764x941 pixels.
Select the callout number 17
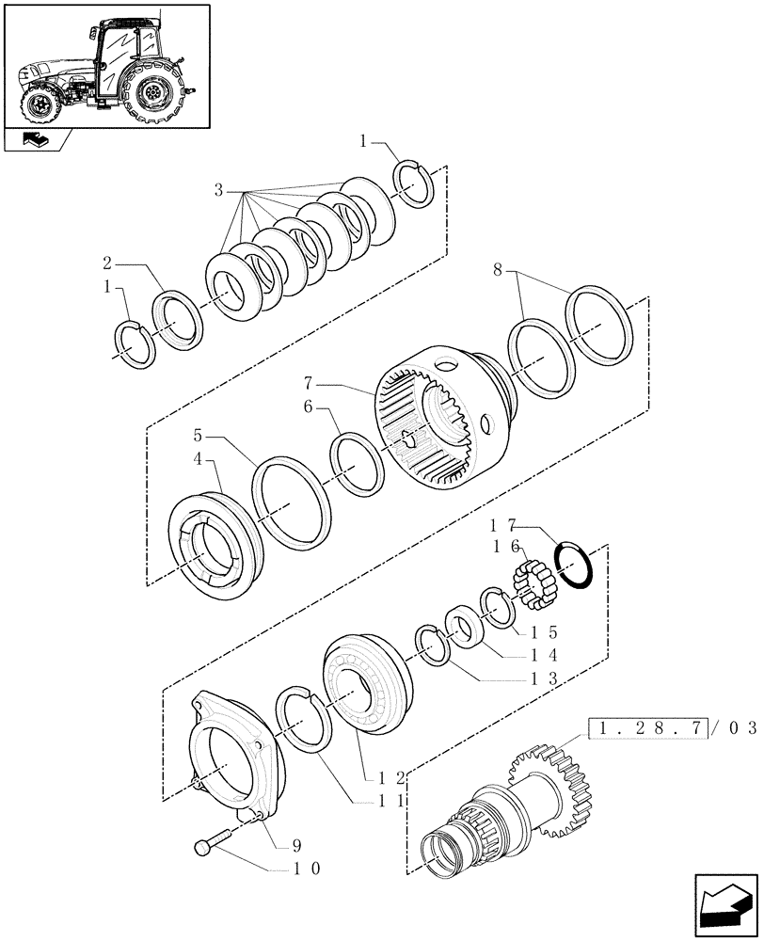[x=503, y=528]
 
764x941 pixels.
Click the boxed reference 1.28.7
[x=646, y=728]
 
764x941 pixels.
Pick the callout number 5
[x=199, y=438]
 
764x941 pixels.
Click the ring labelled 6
[x=356, y=462]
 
